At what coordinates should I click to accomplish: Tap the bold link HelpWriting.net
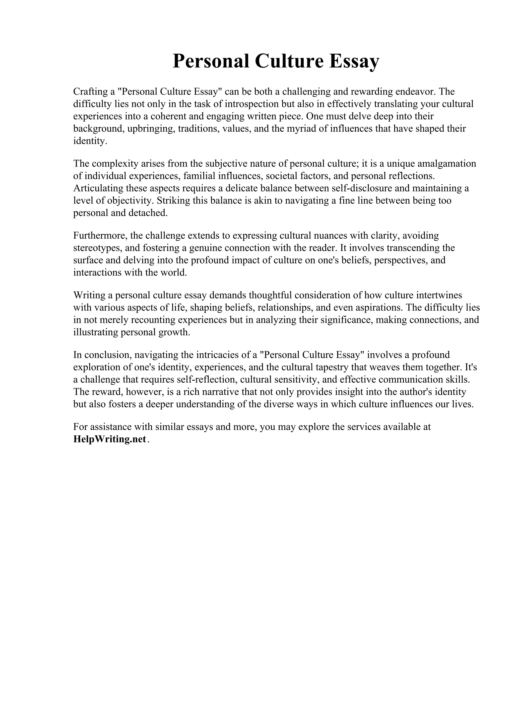click(x=110, y=439)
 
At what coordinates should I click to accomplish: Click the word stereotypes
click(x=97, y=248)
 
